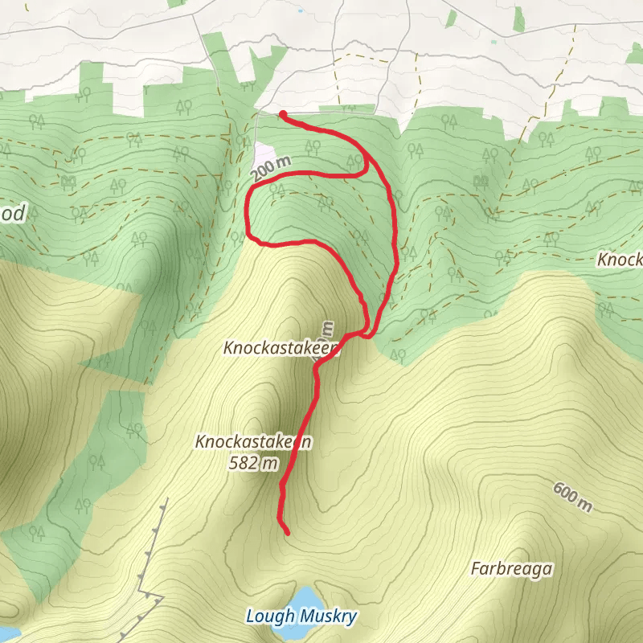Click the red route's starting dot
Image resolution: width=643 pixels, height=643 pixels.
(x=283, y=114)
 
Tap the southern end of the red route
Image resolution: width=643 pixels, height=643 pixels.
(x=287, y=532)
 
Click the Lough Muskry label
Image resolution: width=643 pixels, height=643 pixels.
(x=301, y=616)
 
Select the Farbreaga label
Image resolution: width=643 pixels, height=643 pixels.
(x=511, y=570)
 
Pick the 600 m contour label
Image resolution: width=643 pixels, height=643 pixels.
(x=572, y=497)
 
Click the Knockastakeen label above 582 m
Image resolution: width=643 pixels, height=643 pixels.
(x=252, y=441)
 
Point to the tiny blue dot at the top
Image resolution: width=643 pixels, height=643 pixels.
(x=301, y=11)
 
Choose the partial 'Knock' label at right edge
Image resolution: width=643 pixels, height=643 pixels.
(x=619, y=260)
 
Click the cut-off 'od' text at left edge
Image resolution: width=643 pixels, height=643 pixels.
(x=13, y=213)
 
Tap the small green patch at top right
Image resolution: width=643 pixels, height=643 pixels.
(x=518, y=18)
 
